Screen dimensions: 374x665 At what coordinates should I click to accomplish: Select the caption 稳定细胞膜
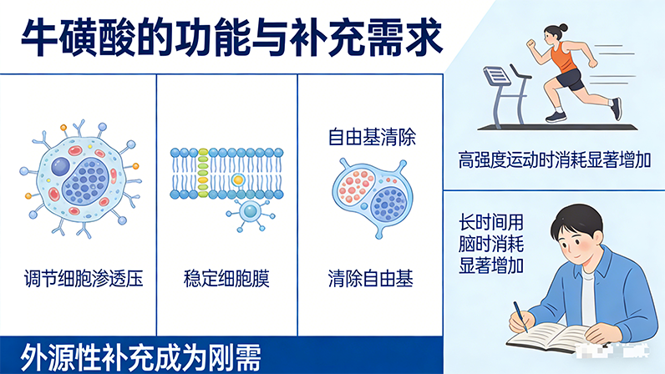tap(226, 278)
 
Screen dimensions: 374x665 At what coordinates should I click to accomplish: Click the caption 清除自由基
tap(371, 278)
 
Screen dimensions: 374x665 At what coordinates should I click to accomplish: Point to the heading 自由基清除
tap(371, 137)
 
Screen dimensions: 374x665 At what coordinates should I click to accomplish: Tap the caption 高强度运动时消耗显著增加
tap(554, 158)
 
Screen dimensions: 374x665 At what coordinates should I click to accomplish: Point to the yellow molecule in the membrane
tap(238, 179)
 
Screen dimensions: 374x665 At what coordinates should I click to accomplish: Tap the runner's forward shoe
tap(616, 109)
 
